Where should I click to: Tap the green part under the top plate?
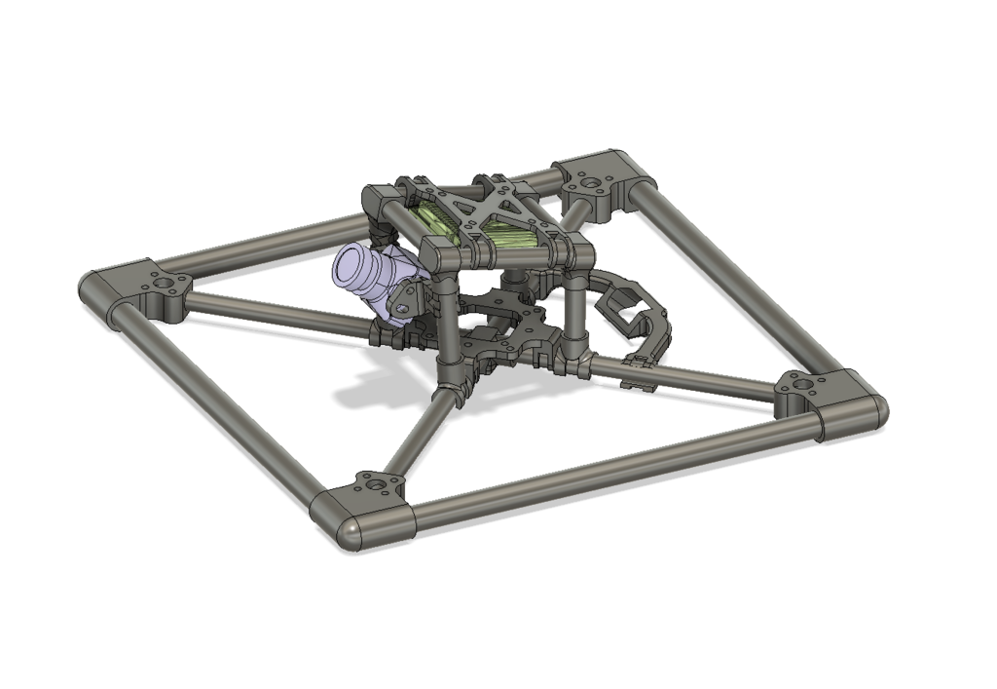click(x=506, y=234)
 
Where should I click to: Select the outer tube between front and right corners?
click(x=613, y=468)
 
